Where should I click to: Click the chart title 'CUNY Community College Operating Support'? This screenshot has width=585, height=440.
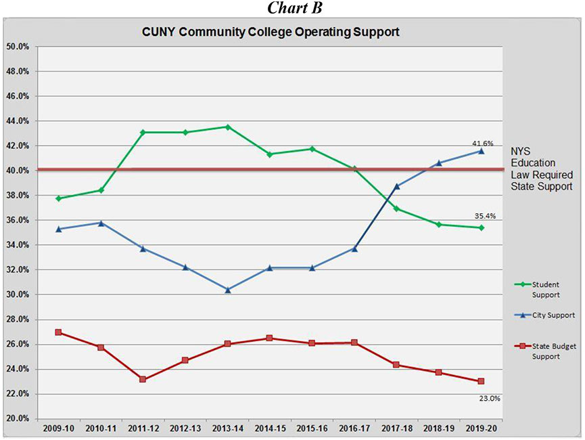pyautogui.click(x=271, y=32)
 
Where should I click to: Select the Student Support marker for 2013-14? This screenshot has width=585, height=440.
pyautogui.click(x=227, y=127)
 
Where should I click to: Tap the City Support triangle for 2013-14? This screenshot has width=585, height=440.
pyautogui.click(x=227, y=290)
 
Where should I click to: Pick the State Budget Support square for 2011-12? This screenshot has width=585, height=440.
pyautogui.click(x=143, y=379)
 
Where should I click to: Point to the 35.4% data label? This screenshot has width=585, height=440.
pyautogui.click(x=484, y=216)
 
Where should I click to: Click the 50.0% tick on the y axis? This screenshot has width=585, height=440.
pyautogui.click(x=18, y=47)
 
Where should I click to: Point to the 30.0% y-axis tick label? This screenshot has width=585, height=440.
pyautogui.click(x=18, y=294)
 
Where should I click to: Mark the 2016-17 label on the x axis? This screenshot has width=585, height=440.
pyautogui.click(x=354, y=428)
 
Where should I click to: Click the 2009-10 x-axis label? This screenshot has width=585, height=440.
pyautogui.click(x=58, y=428)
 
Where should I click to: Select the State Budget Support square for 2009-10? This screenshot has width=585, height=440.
pyautogui.click(x=58, y=332)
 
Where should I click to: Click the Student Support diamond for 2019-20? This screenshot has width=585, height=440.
pyautogui.click(x=481, y=227)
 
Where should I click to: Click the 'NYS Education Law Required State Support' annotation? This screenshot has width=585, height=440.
pyautogui.click(x=541, y=168)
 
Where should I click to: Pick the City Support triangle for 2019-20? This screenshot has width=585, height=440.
pyautogui.click(x=481, y=151)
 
